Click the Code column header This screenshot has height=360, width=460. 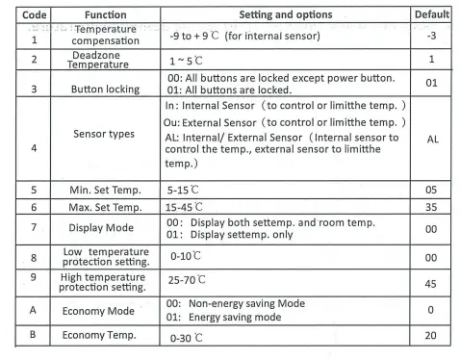(16, 15)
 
